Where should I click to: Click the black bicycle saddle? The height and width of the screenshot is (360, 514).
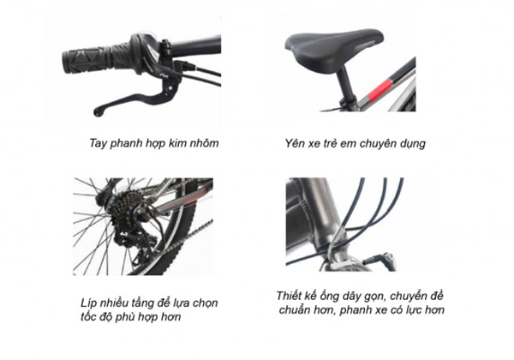pyautogui.click(x=334, y=46)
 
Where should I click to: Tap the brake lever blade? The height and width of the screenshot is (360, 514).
pyautogui.click(x=128, y=101)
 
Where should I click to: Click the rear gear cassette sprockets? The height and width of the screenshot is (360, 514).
pyautogui.click(x=123, y=208)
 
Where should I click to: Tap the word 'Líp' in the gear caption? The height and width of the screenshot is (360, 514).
pyautogui.click(x=88, y=303)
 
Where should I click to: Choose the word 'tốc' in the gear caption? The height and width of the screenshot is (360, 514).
pyautogui.click(x=89, y=317)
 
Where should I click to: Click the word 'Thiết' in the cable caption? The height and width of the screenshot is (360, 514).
pyautogui.click(x=288, y=296)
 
